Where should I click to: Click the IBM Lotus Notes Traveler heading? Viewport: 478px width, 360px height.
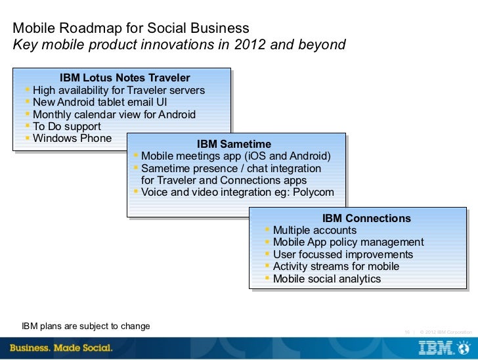(125, 78)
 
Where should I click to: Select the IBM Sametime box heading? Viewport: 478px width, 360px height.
(234, 144)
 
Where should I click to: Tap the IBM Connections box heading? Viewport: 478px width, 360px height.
(366, 218)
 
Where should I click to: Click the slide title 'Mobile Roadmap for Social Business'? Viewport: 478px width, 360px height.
(131, 29)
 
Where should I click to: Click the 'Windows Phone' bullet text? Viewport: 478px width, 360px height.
(72, 138)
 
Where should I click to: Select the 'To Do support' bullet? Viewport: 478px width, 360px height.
(66, 126)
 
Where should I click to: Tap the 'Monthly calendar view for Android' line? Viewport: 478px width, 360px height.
(114, 114)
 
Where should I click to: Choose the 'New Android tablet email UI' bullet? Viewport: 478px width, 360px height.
(99, 102)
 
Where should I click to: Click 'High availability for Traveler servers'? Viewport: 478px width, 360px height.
(118, 90)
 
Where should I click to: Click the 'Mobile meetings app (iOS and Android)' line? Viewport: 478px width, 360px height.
(236, 156)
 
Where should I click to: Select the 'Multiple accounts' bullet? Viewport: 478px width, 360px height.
(315, 230)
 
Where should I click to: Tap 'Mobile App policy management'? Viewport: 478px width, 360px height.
(348, 242)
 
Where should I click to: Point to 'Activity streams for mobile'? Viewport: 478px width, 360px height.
(336, 266)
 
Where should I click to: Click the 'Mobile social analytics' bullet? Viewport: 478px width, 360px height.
(326, 279)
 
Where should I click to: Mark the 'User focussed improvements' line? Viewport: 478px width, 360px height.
(343, 254)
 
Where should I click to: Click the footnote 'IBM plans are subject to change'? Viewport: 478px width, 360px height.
(86, 326)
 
